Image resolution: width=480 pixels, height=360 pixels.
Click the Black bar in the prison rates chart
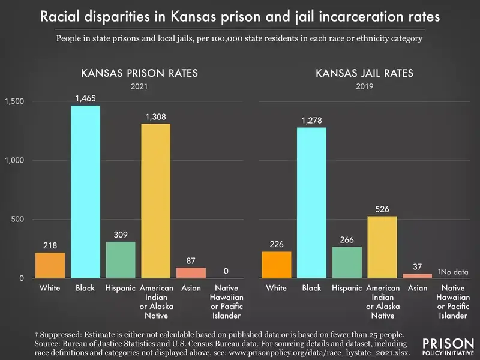pos(85,192)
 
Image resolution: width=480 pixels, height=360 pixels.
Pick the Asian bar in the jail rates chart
pos(418,276)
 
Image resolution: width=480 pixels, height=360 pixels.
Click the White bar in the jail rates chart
pos(276,265)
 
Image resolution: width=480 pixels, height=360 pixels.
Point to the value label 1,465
pos(85,97)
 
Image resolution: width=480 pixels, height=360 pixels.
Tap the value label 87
pos(191,260)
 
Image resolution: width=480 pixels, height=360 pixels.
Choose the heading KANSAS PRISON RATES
pos(140,74)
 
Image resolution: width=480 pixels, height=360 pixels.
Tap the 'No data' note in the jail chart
pos(453,271)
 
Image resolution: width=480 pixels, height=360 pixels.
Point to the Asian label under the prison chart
pos(191,289)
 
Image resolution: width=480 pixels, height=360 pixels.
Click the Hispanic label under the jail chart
pos(347,289)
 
